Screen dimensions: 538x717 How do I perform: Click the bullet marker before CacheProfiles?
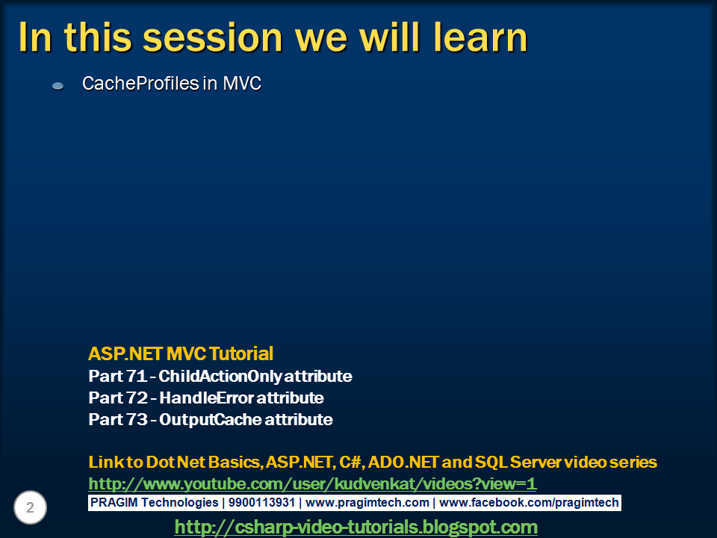(58, 87)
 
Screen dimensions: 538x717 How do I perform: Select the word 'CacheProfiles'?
(140, 84)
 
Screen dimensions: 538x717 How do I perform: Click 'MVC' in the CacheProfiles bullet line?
(242, 84)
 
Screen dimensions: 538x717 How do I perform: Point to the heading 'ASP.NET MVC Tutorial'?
(181, 353)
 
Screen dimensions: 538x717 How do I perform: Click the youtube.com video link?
(312, 483)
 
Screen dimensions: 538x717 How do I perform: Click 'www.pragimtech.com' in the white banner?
(367, 503)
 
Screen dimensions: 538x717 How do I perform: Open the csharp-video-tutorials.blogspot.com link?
(356, 527)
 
